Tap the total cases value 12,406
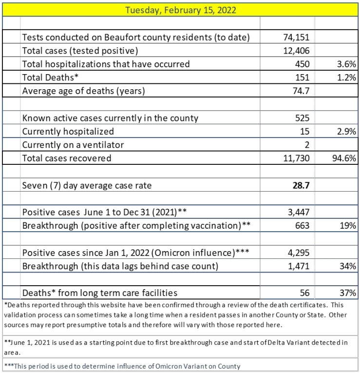pyautogui.click(x=297, y=50)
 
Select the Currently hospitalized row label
pyautogui.click(x=68, y=131)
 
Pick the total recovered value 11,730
pyautogui.click(x=297, y=158)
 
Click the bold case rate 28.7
pyautogui.click(x=301, y=185)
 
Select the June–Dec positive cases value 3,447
pyautogui.click(x=299, y=212)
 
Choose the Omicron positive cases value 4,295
pyautogui.click(x=299, y=253)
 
